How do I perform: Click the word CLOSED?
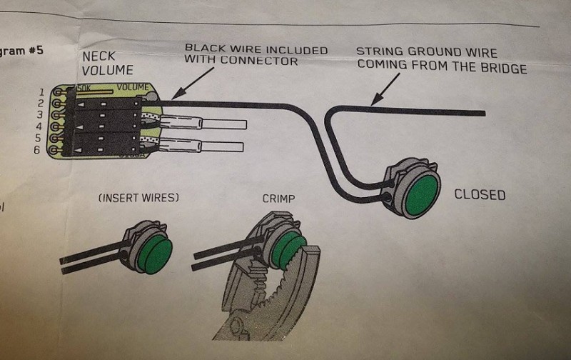[479, 194]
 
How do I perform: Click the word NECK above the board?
[98, 56]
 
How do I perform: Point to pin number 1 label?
[41, 92]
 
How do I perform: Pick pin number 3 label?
[40, 115]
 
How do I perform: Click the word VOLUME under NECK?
[108, 70]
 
